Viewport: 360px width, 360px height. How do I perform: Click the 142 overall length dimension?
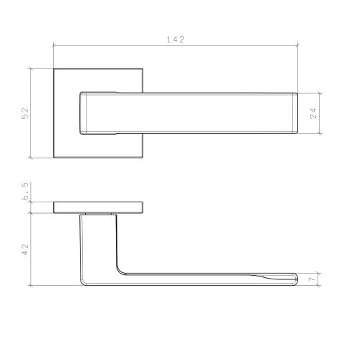(176, 40)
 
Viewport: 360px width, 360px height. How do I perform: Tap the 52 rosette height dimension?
(25, 113)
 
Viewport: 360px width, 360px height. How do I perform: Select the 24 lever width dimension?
(313, 113)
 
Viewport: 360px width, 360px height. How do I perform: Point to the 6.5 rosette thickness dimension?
(25, 191)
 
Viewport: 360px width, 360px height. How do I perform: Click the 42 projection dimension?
(25, 249)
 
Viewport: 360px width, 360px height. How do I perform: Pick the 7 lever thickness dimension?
(312, 279)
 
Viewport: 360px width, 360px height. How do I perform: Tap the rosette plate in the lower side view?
(99, 207)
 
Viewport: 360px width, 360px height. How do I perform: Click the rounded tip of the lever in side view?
(296, 279)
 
